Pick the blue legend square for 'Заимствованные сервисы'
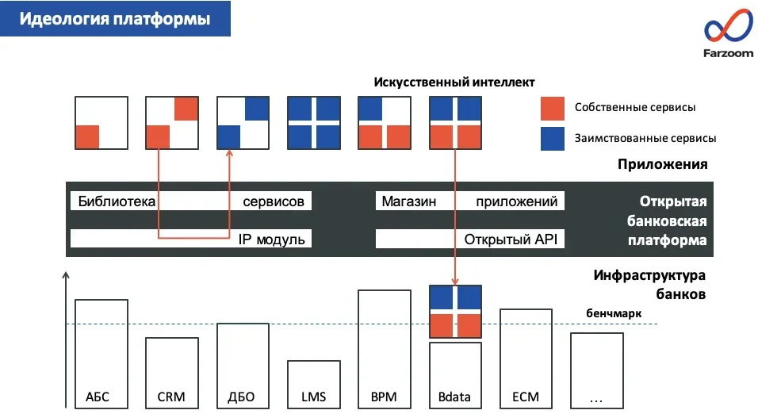click(552, 138)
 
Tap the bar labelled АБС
click(101, 353)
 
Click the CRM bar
click(171, 372)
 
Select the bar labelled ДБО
click(242, 365)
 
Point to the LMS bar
click(313, 384)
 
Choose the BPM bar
click(384, 348)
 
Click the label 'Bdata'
click(455, 397)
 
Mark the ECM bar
click(526, 358)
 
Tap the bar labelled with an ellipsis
click(596, 370)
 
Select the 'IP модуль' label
click(271, 239)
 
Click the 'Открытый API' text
click(511, 239)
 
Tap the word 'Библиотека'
click(111, 201)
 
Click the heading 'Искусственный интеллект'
click(454, 82)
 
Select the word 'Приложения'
click(662, 165)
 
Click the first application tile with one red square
click(101, 123)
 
